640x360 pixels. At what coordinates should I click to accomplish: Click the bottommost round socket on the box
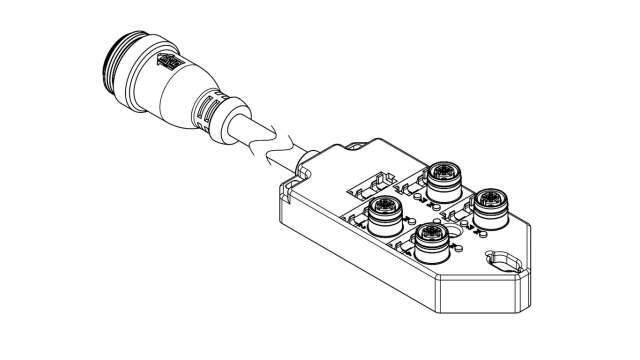point(431,239)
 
